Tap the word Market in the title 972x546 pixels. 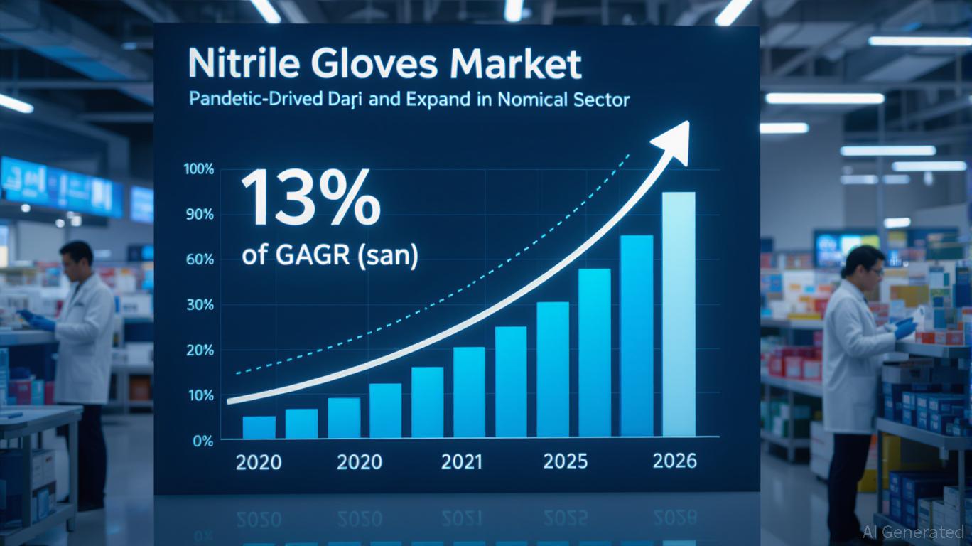click(x=522, y=65)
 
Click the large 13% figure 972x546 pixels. click(x=310, y=197)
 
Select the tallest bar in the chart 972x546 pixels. click(x=679, y=314)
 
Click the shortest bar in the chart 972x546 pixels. click(x=259, y=427)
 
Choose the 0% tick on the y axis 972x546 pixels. click(x=202, y=441)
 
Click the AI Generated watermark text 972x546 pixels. click(x=913, y=532)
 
